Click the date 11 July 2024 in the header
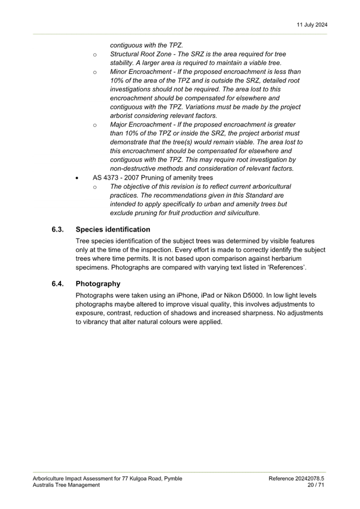[312, 25]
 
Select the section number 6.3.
[58, 229]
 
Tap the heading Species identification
[113, 229]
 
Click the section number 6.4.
[58, 284]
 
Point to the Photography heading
[98, 284]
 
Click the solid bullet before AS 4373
[77, 178]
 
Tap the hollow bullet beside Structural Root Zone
[95, 55]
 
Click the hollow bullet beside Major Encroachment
[95, 125]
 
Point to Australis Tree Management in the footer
[66, 485]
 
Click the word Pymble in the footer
[174, 479]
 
